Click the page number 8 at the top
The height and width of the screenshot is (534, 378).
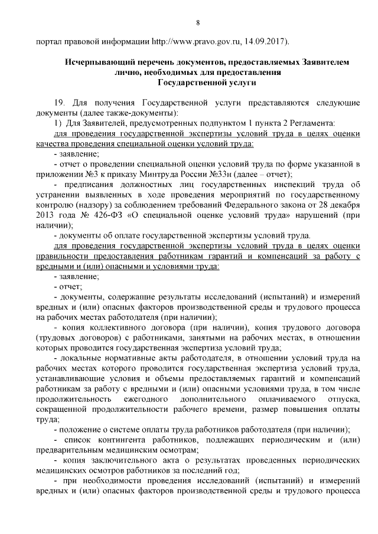tap(198, 22)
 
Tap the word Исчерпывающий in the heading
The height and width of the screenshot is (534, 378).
tap(101, 62)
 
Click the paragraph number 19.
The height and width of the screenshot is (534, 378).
tap(58, 102)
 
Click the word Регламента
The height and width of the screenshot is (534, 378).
tap(312, 123)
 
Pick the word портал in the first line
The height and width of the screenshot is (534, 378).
tap(48, 42)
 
